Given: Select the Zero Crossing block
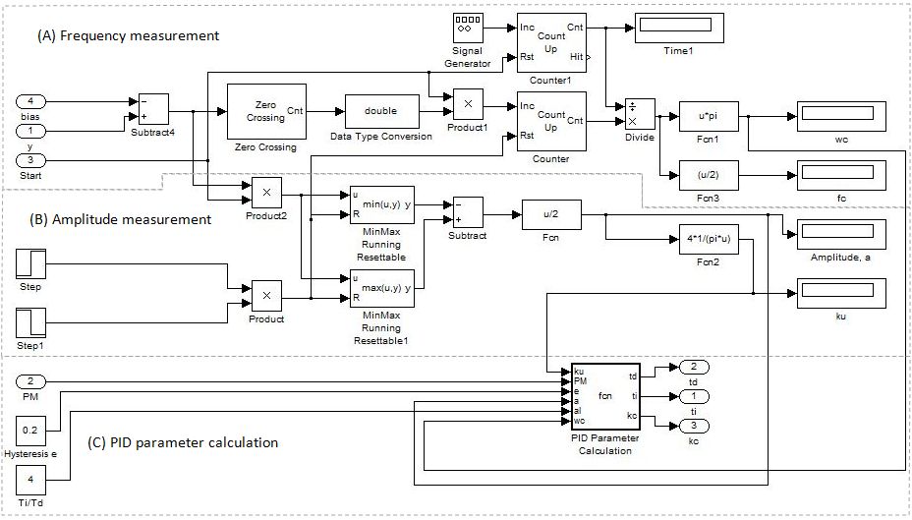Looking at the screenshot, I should click(267, 113).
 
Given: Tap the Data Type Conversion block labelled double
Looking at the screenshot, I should click(380, 111).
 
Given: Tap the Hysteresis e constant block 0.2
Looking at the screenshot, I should click(31, 430).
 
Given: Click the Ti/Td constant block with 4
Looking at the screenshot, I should click(31, 481).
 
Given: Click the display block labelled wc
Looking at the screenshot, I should click(840, 114).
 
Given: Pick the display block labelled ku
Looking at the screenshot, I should click(840, 291).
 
